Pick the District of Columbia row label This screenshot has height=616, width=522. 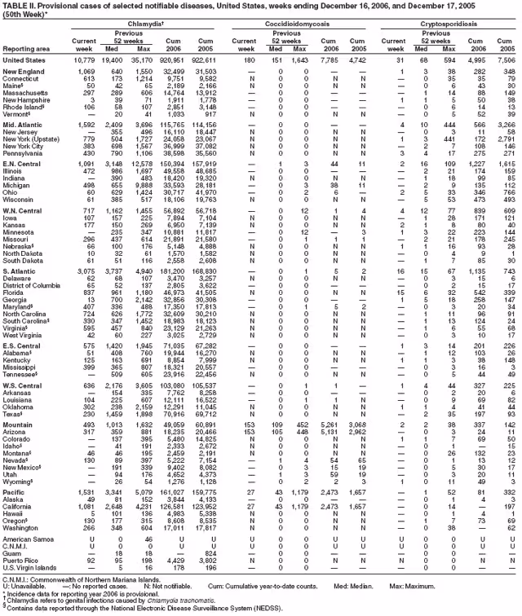(x=35, y=287)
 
